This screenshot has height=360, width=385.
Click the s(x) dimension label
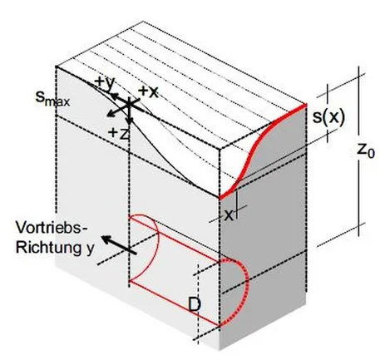329,117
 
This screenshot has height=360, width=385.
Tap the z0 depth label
365,150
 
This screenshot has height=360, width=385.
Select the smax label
52,98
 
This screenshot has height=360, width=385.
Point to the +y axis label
104,83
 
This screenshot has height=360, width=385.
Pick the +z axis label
119,133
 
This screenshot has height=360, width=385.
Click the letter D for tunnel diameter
195,304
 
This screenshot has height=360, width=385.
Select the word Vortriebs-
52,228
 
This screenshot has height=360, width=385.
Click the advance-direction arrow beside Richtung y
119,244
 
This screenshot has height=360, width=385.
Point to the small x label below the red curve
229,215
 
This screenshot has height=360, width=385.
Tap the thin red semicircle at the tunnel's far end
157,233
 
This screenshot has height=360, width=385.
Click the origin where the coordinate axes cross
129,103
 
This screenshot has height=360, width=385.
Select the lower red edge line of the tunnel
175,303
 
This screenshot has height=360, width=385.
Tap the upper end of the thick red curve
306,105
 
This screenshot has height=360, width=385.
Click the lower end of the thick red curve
220,199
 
